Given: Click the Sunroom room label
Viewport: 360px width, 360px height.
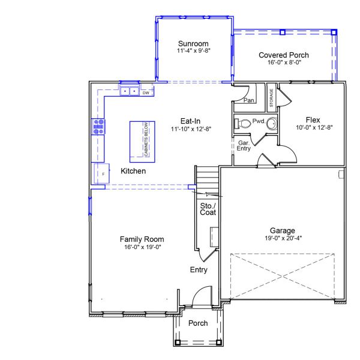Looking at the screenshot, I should pos(193,43).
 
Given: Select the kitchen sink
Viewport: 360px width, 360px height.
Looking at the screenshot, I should pos(129,92).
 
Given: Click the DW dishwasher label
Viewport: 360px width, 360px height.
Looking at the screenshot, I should pos(145,92).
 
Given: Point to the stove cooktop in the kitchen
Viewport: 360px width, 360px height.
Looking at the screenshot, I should pos(98,126).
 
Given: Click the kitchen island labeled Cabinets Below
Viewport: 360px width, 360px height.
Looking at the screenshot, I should pos(142,139).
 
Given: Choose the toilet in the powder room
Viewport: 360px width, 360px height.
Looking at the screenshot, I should pos(244,124).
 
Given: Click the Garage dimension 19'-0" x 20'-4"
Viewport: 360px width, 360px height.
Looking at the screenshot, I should pos(281,238).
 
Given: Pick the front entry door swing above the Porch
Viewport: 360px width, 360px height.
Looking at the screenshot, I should pos(201,295).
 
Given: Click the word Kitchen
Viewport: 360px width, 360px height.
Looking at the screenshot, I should pos(133,171).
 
